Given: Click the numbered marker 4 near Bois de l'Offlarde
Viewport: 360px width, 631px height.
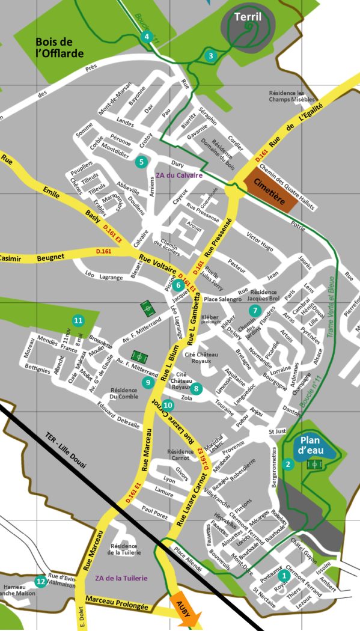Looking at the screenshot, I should coord(147,37).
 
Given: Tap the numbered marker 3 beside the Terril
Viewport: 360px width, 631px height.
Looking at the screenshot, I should coord(210,56).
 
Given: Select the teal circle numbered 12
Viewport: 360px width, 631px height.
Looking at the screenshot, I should coord(40,581).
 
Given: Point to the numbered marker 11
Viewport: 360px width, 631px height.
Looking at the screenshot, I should coord(77,320).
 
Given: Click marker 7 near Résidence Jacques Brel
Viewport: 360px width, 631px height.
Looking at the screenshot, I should coord(255,311).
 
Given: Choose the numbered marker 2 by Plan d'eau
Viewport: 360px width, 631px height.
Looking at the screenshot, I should coord(288,464).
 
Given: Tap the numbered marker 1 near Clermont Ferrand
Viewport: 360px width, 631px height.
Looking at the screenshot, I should coord(284,576).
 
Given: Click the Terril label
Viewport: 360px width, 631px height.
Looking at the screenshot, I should coord(248,17).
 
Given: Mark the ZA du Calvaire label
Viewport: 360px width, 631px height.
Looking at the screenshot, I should coord(179,175).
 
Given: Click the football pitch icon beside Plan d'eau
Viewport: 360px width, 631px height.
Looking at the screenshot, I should coord(314,465).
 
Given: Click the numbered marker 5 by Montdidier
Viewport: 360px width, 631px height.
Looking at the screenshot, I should coord(141,161).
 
